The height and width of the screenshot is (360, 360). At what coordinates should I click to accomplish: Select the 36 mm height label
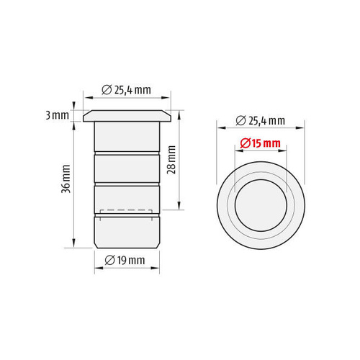tap(66, 179)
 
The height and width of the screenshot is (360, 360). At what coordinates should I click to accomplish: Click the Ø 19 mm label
tap(126, 259)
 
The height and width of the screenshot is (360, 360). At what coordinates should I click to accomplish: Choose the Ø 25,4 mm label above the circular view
tap(261, 120)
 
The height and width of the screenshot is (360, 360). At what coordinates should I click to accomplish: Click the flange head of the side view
tap(127, 115)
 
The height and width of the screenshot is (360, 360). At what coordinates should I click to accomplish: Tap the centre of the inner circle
tap(261, 201)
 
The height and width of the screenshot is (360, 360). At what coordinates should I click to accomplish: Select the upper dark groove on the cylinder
tap(127, 153)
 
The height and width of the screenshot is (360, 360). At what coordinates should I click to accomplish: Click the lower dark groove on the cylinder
tap(127, 184)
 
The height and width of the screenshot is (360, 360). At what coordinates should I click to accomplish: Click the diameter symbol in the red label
tap(246, 143)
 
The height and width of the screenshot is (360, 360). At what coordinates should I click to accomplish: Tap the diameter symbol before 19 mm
tap(110, 259)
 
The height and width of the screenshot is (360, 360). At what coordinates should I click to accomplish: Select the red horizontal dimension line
tap(261, 151)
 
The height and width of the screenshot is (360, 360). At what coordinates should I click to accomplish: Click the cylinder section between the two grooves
tap(127, 169)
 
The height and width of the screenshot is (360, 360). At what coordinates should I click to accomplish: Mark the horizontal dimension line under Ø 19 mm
tap(127, 268)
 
